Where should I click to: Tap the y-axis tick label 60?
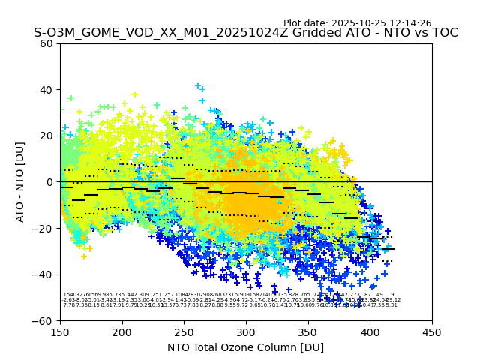point(47,43)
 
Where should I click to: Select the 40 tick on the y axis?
point(47,89)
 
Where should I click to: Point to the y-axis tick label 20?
point(47,136)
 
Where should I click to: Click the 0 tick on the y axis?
point(50,181)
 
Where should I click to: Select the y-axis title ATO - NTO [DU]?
point(21,181)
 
